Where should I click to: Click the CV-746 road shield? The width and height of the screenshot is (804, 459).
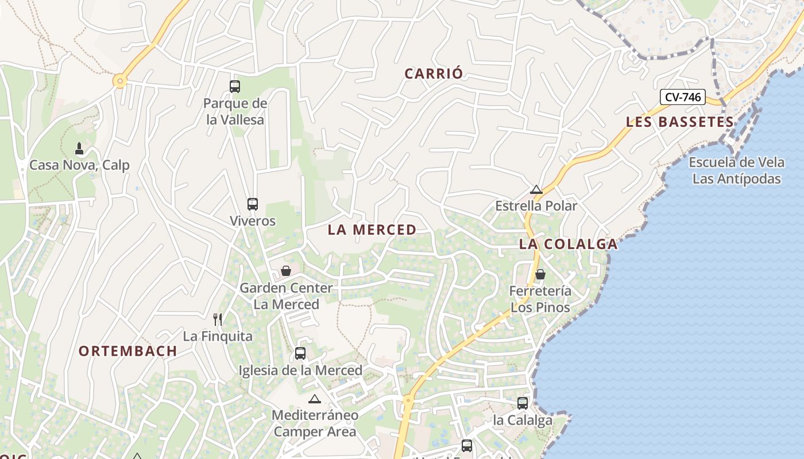pyautogui.click(x=682, y=97)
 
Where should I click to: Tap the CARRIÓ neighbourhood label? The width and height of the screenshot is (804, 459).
pyautogui.click(x=434, y=73)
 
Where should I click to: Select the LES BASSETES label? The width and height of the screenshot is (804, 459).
pyautogui.click(x=680, y=122)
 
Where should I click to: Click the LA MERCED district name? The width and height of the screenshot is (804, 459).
pyautogui.click(x=372, y=229)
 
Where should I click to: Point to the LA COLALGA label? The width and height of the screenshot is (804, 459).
pyautogui.click(x=568, y=244)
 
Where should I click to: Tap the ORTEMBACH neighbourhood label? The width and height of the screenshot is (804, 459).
pyautogui.click(x=127, y=351)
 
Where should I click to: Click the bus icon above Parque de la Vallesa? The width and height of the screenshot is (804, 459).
pyautogui.click(x=235, y=87)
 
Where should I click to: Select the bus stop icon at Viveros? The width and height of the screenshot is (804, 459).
pyautogui.click(x=253, y=204)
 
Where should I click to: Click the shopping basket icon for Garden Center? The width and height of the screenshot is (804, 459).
pyautogui.click(x=286, y=271)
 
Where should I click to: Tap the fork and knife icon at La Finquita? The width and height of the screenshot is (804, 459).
pyautogui.click(x=218, y=319)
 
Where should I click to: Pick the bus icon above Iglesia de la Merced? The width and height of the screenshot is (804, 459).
pyautogui.click(x=300, y=353)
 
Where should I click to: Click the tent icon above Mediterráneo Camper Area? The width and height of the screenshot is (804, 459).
pyautogui.click(x=314, y=399)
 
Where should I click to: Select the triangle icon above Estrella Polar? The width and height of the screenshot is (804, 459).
pyautogui.click(x=536, y=189)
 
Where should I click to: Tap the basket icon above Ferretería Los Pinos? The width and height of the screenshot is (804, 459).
pyautogui.click(x=540, y=274)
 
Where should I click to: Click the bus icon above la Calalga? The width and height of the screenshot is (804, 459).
pyautogui.click(x=523, y=403)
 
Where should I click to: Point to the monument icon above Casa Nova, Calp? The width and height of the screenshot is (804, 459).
pyautogui.click(x=79, y=149)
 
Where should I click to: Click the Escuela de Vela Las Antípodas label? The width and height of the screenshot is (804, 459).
pyautogui.click(x=736, y=170)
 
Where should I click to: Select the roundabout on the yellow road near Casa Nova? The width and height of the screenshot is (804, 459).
pyautogui.click(x=120, y=81)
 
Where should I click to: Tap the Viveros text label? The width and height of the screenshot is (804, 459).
pyautogui.click(x=253, y=221)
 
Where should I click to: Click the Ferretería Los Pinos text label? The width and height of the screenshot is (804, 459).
pyautogui.click(x=540, y=299)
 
